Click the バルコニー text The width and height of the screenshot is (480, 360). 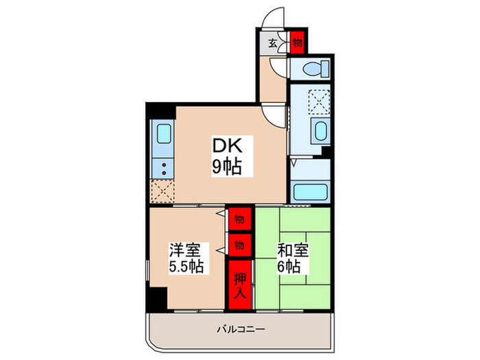tap(240, 330)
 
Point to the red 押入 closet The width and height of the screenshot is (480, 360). tap(240, 282)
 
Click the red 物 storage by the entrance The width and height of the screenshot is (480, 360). tap(298, 43)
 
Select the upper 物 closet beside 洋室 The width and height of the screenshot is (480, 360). tap(239, 220)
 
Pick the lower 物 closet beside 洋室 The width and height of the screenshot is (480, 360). tap(239, 243)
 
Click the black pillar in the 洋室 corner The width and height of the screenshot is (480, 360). tap(158, 298)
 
